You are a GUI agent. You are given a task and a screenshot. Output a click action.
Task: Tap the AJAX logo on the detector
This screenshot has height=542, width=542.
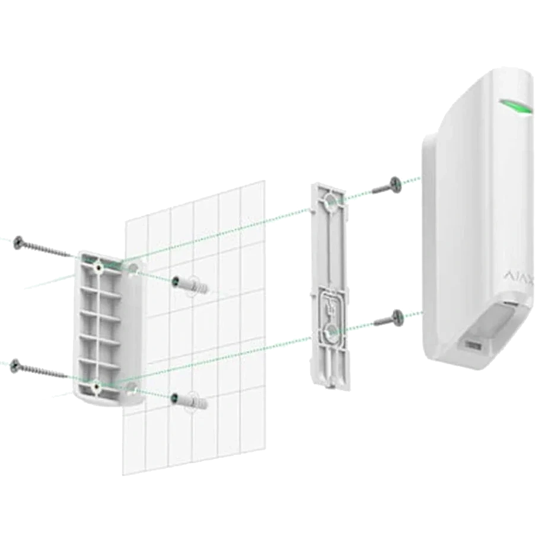click(521, 276)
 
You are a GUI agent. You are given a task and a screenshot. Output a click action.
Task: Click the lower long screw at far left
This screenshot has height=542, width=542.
click(39, 369)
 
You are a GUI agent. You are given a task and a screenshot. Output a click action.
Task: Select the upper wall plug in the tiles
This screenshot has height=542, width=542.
click(191, 285)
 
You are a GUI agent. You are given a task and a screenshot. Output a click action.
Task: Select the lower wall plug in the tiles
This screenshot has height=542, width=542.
click(190, 401)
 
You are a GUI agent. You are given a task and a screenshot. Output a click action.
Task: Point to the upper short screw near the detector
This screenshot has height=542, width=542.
click(387, 186)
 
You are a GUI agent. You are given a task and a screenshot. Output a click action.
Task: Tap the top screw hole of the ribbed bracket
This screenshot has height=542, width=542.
click(98, 267)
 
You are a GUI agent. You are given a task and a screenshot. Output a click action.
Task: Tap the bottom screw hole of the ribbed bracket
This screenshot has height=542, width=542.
click(97, 386)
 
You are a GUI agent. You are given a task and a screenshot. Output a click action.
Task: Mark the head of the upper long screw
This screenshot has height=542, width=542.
click(18, 243)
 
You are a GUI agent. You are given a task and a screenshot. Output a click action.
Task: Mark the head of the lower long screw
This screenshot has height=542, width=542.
click(15, 366)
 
